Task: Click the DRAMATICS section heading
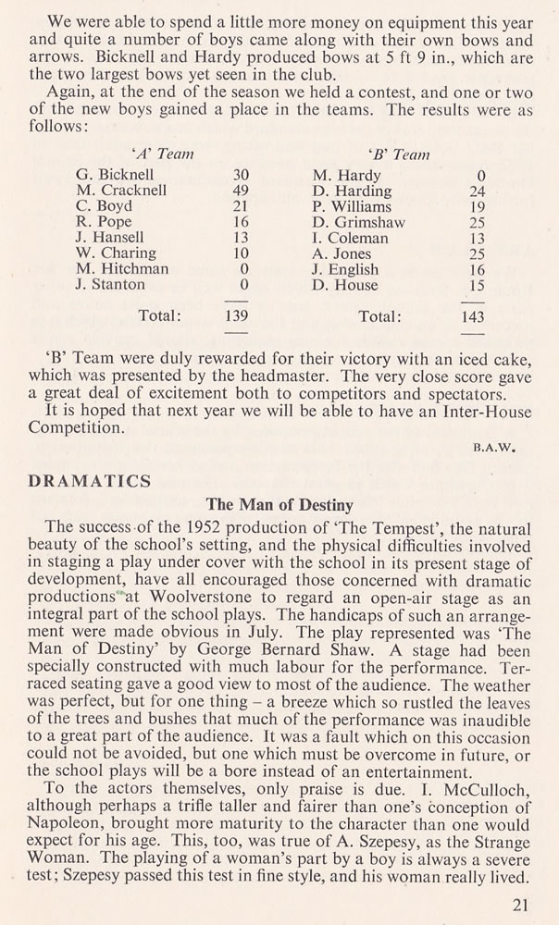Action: tap(89, 481)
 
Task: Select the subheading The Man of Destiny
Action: tap(279, 505)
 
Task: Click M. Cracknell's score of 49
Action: tap(243, 191)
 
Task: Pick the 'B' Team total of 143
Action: tap(474, 316)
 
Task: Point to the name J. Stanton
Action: tap(110, 285)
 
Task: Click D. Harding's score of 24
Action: tap(475, 191)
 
